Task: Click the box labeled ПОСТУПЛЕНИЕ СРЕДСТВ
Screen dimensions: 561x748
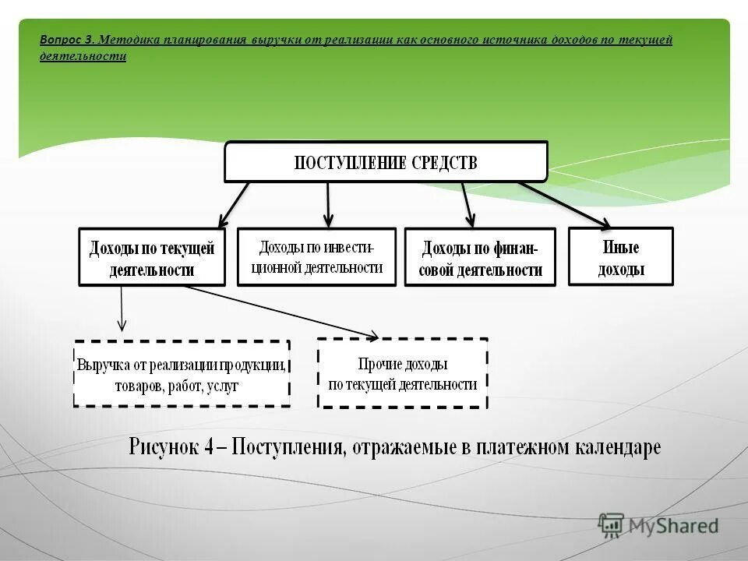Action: (x=386, y=162)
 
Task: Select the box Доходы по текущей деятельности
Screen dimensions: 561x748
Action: (x=152, y=257)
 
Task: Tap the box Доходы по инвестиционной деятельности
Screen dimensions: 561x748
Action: (x=316, y=256)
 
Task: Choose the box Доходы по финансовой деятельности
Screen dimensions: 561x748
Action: (x=480, y=257)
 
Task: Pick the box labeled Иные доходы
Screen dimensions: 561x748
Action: (x=620, y=256)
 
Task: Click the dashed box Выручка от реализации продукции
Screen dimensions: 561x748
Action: (x=182, y=373)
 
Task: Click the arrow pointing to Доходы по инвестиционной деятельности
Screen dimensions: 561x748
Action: (x=328, y=204)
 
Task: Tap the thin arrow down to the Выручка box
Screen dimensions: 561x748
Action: (x=122, y=308)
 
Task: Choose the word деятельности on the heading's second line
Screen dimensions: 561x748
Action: (x=83, y=57)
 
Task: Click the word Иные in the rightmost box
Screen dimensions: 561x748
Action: (x=621, y=248)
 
